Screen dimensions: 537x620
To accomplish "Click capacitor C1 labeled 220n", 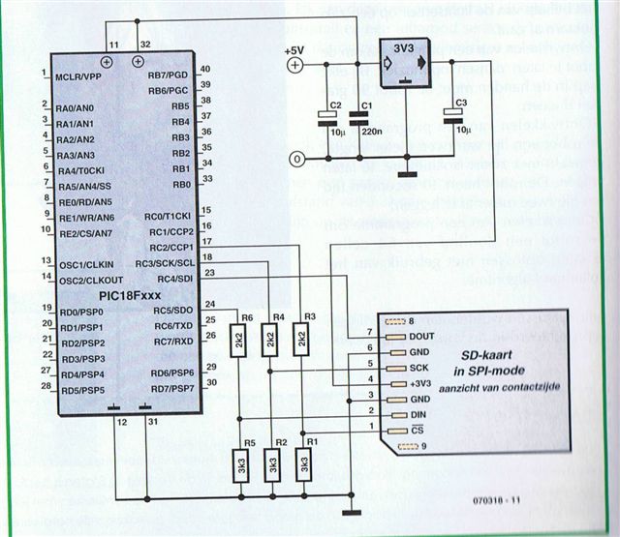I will (x=360, y=119).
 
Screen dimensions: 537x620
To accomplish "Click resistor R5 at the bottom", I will (x=239, y=465).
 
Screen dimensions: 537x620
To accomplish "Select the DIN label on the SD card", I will (x=419, y=414).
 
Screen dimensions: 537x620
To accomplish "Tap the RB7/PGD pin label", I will (x=168, y=75).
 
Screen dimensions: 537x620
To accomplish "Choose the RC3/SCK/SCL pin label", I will (x=164, y=263).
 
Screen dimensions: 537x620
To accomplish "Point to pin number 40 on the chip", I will (x=205, y=69).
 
